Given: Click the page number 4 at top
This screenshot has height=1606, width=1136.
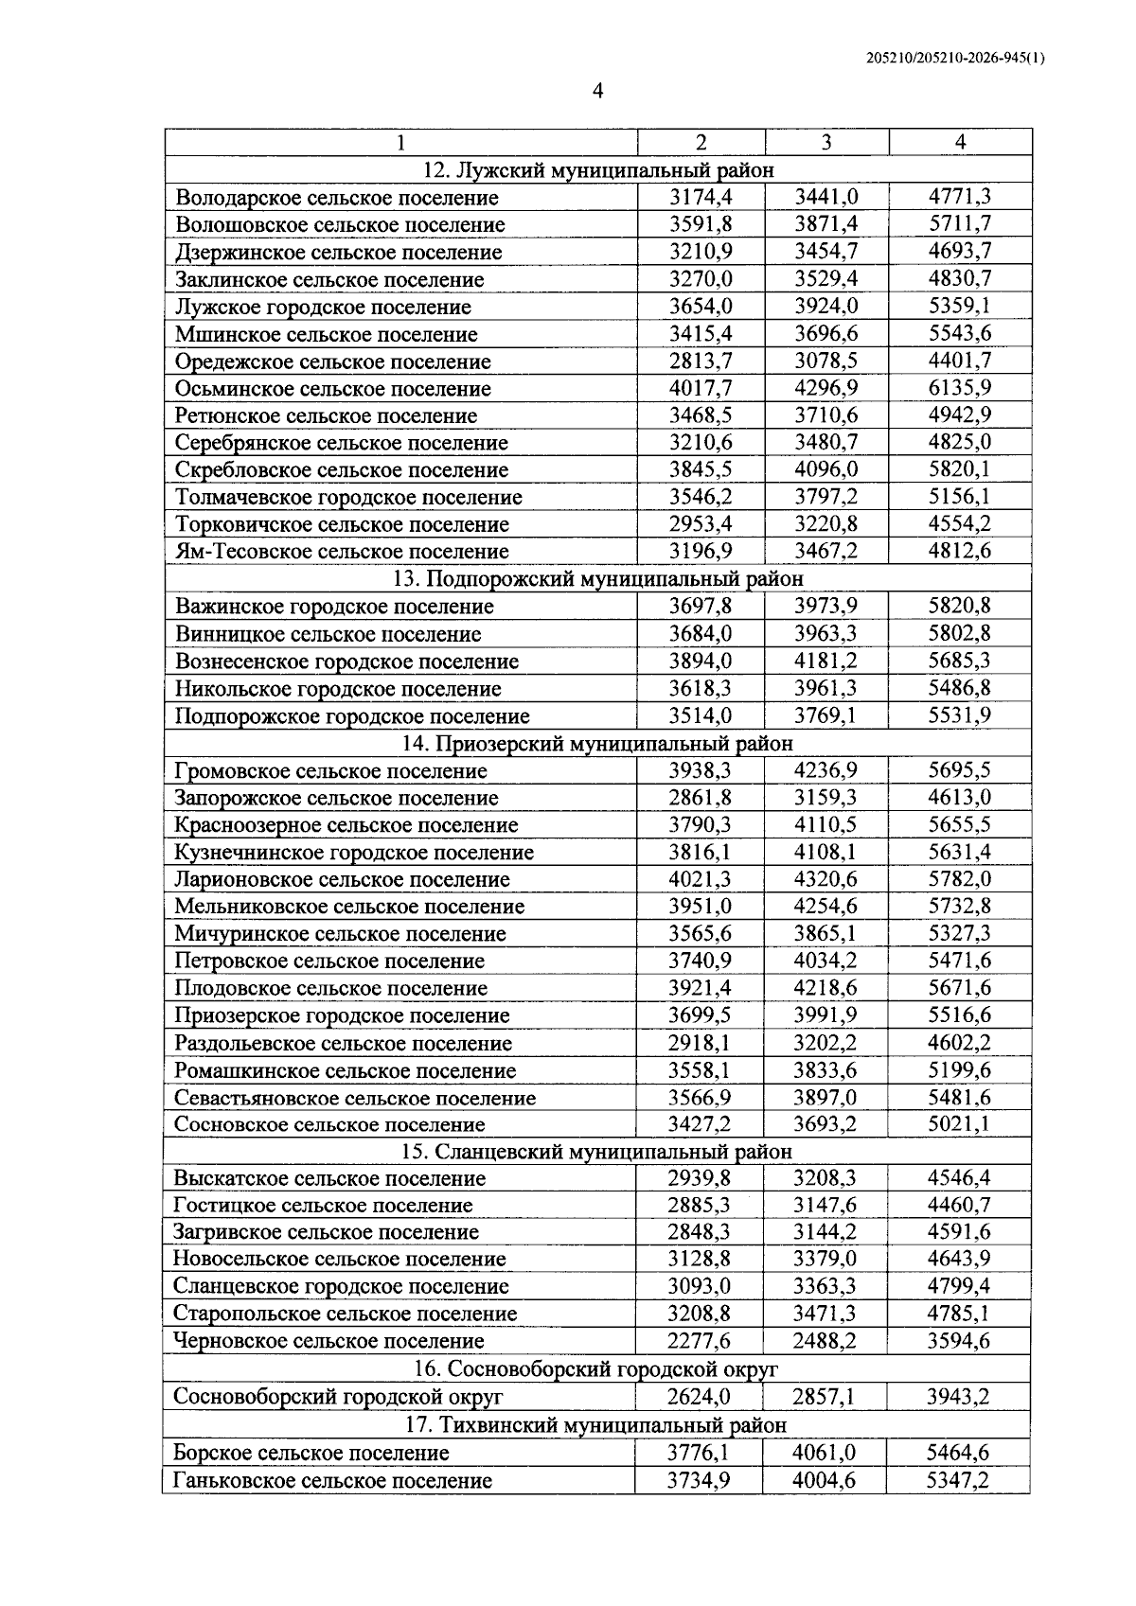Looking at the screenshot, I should (x=597, y=91).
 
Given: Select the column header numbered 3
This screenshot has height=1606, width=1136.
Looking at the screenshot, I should (x=826, y=142).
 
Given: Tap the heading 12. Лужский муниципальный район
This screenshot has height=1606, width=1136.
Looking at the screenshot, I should (x=597, y=170).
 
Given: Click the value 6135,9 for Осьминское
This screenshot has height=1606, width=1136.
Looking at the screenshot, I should (x=959, y=388).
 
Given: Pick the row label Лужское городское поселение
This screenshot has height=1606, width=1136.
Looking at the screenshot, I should (x=323, y=308).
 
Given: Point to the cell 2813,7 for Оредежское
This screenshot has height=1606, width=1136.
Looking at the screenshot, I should (x=701, y=361).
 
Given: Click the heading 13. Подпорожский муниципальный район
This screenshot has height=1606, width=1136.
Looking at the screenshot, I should (x=597, y=578).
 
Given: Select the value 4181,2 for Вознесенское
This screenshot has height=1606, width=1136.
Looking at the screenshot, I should (x=825, y=661).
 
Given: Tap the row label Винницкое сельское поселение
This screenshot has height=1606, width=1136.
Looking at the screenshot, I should (x=328, y=634).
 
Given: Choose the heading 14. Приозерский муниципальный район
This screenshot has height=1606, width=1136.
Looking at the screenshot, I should (x=597, y=743).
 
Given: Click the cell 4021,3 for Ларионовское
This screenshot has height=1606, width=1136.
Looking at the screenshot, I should (x=701, y=879).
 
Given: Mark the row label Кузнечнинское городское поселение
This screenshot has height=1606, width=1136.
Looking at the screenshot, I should (x=354, y=853).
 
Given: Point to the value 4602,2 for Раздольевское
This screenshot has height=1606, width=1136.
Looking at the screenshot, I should (x=959, y=1043).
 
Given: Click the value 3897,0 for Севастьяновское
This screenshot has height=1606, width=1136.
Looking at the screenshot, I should (x=825, y=1098).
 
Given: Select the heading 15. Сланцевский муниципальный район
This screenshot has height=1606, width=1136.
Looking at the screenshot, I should (x=597, y=1152).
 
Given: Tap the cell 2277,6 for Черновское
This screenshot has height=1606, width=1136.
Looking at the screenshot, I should (x=700, y=1341).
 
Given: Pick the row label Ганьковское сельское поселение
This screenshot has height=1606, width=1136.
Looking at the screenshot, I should (x=332, y=1480).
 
